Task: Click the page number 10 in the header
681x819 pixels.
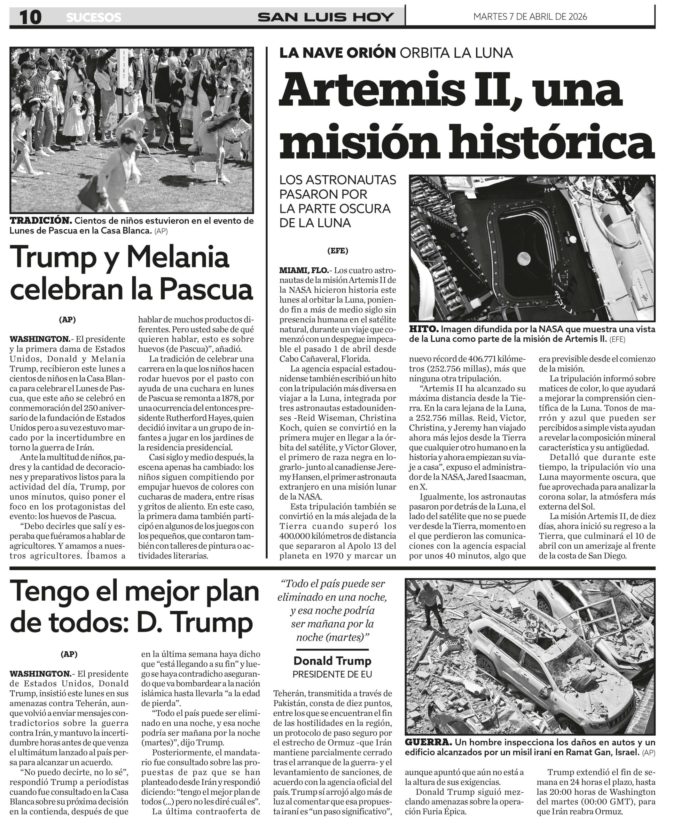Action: [x=30, y=17]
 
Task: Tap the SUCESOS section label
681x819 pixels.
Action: [x=94, y=18]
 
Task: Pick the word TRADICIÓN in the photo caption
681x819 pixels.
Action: [x=41, y=221]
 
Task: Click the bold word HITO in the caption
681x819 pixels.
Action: [x=423, y=329]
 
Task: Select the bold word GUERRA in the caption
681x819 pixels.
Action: [x=428, y=742]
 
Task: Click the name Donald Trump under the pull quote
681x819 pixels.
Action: [x=332, y=661]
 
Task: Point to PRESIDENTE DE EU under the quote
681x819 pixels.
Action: [x=332, y=674]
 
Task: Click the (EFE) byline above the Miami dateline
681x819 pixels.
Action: [x=338, y=251]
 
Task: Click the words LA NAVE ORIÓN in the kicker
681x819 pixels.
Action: [x=338, y=53]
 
